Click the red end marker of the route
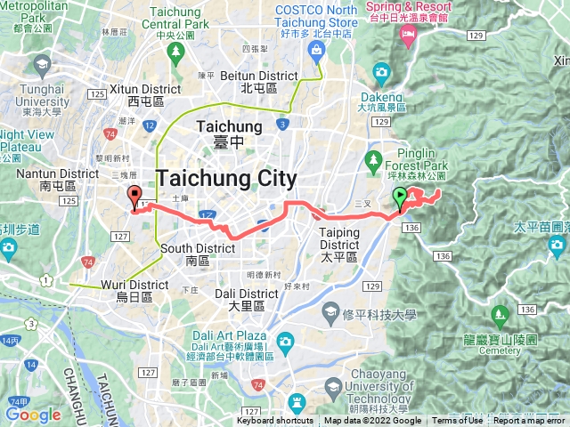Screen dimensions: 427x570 pyautogui.click(x=134, y=197)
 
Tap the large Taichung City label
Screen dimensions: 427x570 pyautogui.click(x=225, y=177)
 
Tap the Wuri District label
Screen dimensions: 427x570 pyautogui.click(x=135, y=285)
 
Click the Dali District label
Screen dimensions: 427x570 pyautogui.click(x=247, y=294)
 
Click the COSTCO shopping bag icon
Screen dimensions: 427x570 pyautogui.click(x=317, y=50)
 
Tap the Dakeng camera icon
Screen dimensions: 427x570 pyautogui.click(x=381, y=72)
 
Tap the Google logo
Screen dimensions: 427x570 pyautogui.click(x=33, y=415)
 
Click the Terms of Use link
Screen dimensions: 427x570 pyautogui.click(x=458, y=421)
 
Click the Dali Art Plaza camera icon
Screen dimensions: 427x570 pyautogui.click(x=285, y=341)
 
